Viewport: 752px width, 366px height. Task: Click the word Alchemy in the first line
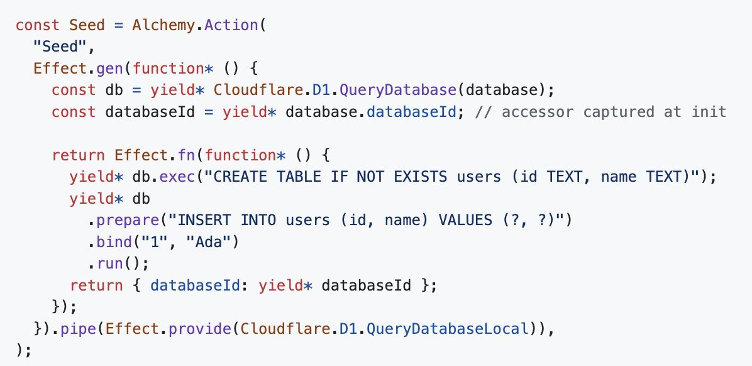coord(163,25)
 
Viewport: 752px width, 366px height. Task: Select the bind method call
coord(114,241)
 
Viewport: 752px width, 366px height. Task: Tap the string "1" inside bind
coord(155,241)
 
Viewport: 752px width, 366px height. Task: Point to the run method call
coord(110,263)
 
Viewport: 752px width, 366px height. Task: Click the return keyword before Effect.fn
coord(78,155)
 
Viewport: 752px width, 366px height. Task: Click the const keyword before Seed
coord(37,25)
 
